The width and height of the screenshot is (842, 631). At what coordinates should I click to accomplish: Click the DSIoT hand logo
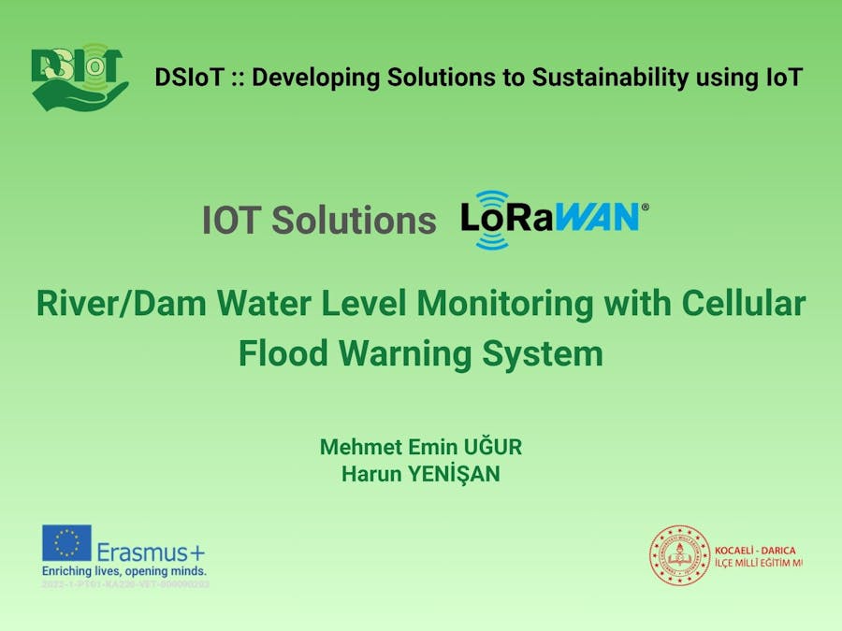(78, 78)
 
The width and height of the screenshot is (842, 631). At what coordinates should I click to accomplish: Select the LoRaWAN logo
(549, 219)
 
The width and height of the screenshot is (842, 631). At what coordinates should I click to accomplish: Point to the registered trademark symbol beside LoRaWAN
(644, 208)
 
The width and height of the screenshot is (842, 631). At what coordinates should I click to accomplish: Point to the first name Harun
(370, 474)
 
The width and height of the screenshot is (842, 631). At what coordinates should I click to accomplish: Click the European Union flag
(66, 543)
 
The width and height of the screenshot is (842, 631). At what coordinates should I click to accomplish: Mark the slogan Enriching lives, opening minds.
(123, 570)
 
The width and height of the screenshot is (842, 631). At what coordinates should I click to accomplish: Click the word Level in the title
(358, 305)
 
